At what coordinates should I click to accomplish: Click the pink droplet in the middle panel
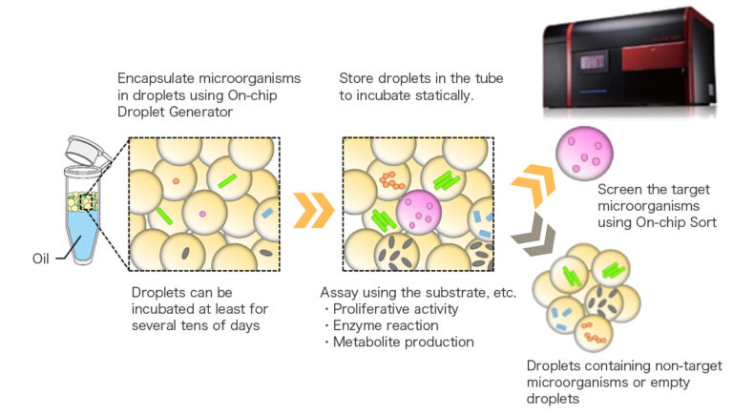(x=417, y=212)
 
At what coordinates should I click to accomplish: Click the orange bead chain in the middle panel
(x=392, y=179)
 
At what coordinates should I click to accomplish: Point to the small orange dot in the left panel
(x=176, y=180)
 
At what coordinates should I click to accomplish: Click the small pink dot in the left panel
(x=202, y=215)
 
